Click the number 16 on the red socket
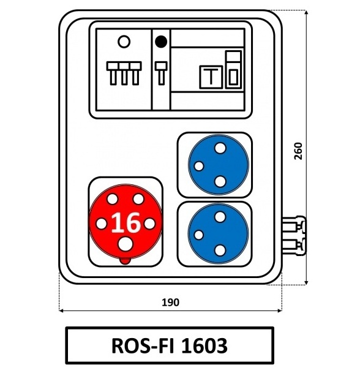[x=126, y=223]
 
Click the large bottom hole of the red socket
[x=126, y=244]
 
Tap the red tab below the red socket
[x=125, y=261]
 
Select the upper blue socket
[x=219, y=165]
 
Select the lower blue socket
[x=219, y=233]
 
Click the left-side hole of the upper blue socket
[x=199, y=166]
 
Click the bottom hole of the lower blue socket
[x=220, y=251]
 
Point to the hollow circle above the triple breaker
[x=124, y=42]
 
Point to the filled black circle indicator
[x=161, y=42]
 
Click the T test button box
[x=211, y=77]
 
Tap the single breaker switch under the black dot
[x=161, y=73]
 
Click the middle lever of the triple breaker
[x=124, y=73]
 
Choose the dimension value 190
[x=170, y=303]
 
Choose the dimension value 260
[x=298, y=151]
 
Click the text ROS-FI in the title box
[x=143, y=345]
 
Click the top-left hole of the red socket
[x=113, y=199]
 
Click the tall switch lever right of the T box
[x=233, y=69]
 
